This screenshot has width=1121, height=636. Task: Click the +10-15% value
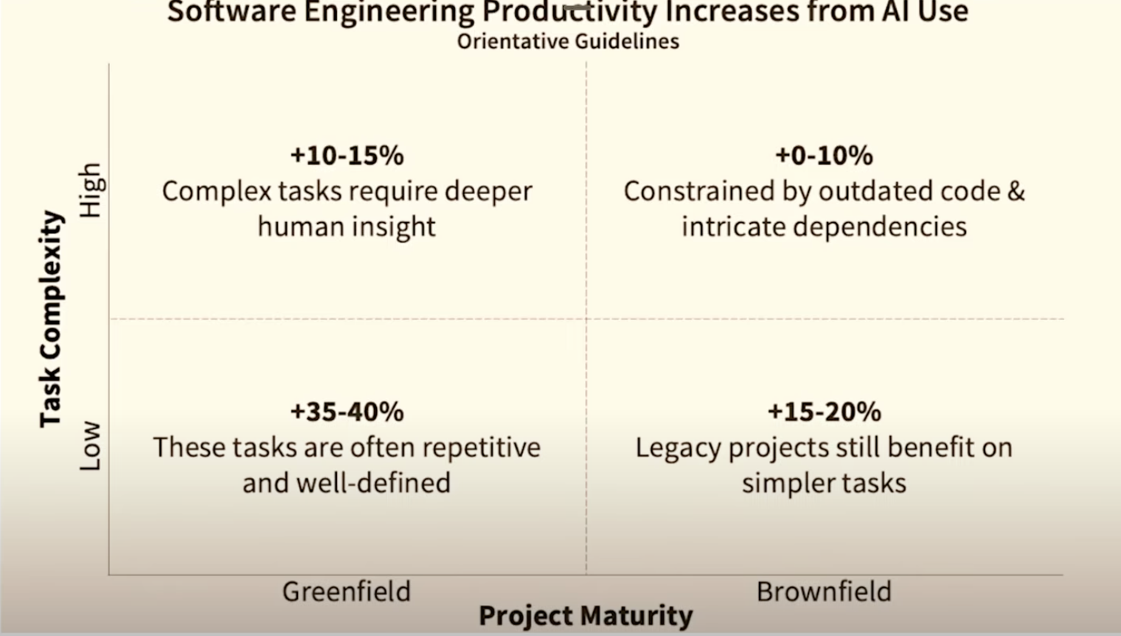[x=347, y=156]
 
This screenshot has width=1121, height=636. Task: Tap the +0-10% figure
[x=824, y=156]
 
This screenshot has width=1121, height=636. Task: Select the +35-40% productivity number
[x=347, y=412]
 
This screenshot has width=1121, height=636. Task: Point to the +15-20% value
[x=824, y=412]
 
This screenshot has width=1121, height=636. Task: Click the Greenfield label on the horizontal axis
[x=347, y=592]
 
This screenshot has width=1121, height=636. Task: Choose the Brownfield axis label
[x=824, y=592]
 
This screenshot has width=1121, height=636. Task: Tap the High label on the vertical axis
[x=91, y=190]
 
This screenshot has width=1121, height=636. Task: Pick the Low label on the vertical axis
[x=91, y=446]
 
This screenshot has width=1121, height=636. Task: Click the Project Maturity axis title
[x=586, y=616]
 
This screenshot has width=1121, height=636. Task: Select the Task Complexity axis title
[x=51, y=319]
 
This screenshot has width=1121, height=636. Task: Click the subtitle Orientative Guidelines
[x=568, y=41]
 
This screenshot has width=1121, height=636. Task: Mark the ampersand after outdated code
[x=1016, y=191]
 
